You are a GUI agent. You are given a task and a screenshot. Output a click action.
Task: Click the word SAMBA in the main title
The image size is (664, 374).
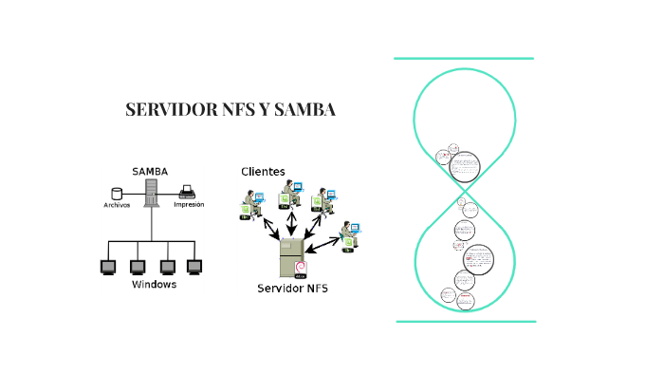(x=304, y=110)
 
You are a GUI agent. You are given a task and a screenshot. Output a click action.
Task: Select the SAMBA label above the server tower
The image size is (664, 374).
(x=149, y=171)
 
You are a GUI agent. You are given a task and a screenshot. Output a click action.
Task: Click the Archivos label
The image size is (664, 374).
(x=117, y=204)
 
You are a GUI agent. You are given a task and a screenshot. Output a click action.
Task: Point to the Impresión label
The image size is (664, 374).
(x=189, y=204)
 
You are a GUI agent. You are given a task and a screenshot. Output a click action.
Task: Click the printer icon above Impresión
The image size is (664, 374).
(x=188, y=191)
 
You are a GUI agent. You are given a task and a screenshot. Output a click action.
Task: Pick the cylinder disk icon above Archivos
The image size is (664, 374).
(x=118, y=193)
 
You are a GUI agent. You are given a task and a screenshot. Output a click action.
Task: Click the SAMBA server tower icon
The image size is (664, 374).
(x=150, y=193)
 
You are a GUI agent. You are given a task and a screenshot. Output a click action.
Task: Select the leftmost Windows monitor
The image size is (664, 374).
(x=107, y=267)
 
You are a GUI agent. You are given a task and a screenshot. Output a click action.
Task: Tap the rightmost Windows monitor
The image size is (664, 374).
(x=195, y=267)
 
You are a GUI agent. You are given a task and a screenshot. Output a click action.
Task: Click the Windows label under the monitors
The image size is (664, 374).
(x=154, y=285)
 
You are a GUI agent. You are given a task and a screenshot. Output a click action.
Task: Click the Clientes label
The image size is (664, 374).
(x=263, y=171)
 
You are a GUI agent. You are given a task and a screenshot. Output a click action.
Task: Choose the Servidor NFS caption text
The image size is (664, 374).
(x=293, y=288)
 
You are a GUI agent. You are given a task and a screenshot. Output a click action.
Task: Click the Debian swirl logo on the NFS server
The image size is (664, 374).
(x=301, y=267)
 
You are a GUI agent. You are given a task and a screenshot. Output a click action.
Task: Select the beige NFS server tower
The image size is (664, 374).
(x=290, y=256)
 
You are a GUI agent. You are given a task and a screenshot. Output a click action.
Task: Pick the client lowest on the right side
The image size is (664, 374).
(x=349, y=235)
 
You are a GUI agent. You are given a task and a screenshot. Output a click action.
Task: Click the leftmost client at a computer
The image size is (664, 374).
(x=250, y=206)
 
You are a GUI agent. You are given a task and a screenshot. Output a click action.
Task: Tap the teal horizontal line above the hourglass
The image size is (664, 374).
(x=464, y=59)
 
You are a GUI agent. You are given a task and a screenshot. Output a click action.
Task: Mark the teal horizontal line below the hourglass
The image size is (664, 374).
(x=465, y=321)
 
